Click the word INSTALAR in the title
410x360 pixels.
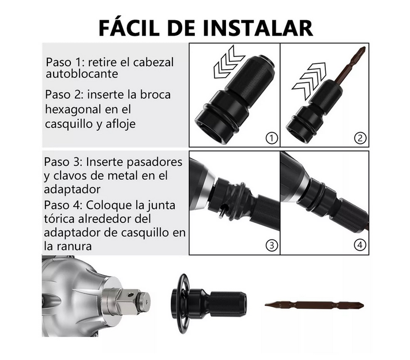258,28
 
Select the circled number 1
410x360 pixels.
272,138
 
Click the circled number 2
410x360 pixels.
360,138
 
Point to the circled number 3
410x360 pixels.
272,245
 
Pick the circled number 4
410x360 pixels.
360,245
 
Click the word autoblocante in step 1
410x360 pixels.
82,74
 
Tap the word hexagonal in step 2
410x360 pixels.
73,109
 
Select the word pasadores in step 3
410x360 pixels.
155,162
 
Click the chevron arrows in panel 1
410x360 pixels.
228,62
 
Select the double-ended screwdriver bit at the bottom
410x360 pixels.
314,305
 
